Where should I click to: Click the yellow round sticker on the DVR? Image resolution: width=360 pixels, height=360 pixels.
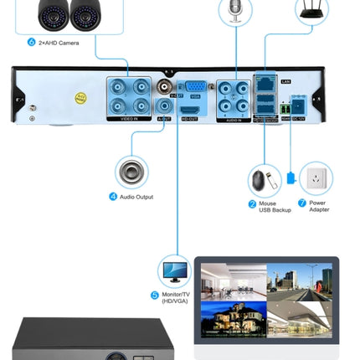point(81,97)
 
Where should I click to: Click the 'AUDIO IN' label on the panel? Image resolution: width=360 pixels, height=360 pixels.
point(233,120)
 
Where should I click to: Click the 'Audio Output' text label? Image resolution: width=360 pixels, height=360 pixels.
point(136,197)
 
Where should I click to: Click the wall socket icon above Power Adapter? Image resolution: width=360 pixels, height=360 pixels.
point(316,178)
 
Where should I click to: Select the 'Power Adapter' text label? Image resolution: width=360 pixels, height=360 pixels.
point(318,206)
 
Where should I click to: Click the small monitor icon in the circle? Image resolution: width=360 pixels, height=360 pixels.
point(175,271)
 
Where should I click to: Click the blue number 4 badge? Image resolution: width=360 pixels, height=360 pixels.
point(113,197)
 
